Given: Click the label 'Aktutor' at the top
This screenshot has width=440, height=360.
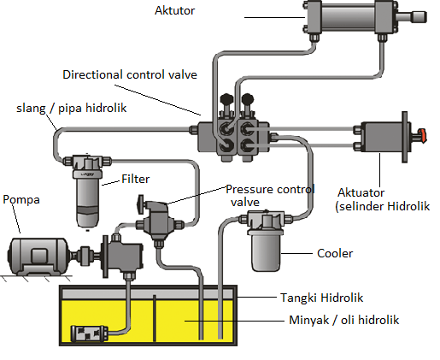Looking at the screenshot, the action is pos(174,11).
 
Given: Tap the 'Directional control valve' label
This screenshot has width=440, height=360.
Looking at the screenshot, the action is pos(130,74).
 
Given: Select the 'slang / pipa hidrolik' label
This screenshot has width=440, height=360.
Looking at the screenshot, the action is pos(71,109).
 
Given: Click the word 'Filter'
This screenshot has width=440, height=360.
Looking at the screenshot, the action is pos(135,179).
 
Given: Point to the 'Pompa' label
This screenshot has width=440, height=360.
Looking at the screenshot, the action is pos(21,199).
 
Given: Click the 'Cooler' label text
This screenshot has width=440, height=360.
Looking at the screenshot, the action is pos(335,253).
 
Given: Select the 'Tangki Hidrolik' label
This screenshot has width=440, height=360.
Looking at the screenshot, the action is pos(322,298).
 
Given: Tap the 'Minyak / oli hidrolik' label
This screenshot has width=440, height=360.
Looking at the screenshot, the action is pos(344,320).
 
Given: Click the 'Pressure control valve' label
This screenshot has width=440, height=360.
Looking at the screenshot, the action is pos(270,196).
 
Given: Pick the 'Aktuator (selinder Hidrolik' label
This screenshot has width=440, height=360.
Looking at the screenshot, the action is pos(383,199).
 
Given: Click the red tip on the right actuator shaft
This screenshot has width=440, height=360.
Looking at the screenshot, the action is pos(423,135).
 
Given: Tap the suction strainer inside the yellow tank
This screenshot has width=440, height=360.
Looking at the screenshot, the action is pos(90,333).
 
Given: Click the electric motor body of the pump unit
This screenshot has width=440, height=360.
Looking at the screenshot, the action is pos(38,256).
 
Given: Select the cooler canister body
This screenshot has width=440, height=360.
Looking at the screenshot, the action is pos(266,250).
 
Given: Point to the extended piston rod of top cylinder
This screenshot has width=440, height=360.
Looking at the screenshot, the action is pos(412,17).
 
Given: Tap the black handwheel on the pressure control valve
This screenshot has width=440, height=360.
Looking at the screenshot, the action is pos(140,204).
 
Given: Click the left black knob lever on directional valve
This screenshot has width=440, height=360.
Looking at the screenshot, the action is pos(227,103).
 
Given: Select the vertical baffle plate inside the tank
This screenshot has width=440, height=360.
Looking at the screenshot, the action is pos(155,318).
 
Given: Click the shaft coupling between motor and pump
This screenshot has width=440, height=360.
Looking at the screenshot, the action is pos(85,254).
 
